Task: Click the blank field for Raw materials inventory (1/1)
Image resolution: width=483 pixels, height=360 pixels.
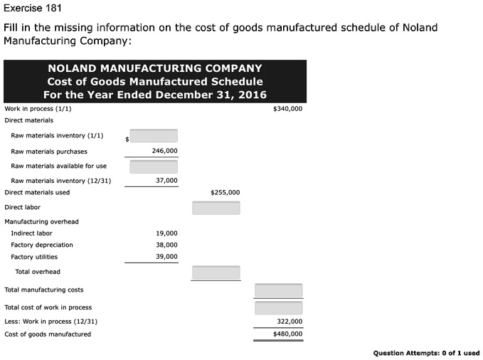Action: point(154,136)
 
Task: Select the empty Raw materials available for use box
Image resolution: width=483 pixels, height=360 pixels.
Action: point(154,166)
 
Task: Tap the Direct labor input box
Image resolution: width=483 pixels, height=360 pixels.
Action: point(216,208)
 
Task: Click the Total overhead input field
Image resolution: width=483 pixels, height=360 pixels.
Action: point(216,272)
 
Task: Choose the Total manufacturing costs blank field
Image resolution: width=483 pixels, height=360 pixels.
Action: point(279,290)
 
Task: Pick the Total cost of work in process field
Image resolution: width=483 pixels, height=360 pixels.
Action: point(279,308)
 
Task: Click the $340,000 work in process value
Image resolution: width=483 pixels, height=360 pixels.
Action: point(287,109)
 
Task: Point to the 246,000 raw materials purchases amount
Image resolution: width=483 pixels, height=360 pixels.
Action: point(165,151)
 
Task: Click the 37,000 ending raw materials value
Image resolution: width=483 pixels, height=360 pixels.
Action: point(166,181)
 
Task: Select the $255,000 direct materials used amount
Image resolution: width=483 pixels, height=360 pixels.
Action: point(225,192)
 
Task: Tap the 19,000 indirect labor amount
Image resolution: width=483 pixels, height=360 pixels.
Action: point(166,233)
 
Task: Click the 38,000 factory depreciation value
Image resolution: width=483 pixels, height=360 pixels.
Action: point(166,245)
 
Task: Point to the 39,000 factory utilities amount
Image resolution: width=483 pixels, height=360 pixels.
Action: point(166,257)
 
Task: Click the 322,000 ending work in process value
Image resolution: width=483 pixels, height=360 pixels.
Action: point(289,322)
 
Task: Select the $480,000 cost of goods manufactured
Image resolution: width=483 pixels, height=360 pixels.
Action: point(287,334)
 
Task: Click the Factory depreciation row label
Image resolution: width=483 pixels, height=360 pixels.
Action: point(42,245)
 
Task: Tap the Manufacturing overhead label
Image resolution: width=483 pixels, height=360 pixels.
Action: point(41,221)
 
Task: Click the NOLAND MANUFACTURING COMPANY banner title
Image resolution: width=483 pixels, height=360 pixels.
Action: point(154,68)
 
